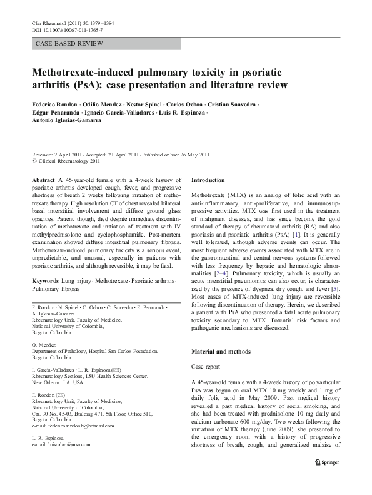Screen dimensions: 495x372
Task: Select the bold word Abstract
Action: tap(42, 180)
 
